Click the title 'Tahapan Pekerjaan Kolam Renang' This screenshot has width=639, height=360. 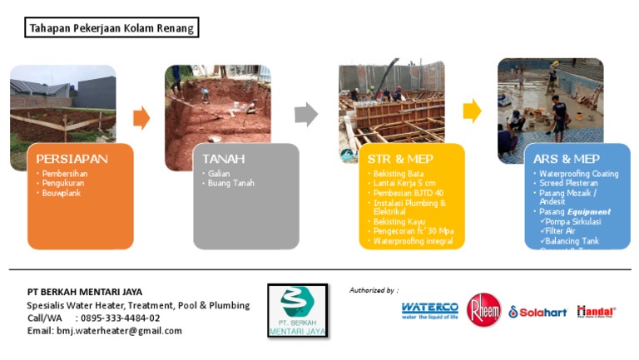(111, 28)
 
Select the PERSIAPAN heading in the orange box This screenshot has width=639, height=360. (72, 158)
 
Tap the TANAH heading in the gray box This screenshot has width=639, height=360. (224, 158)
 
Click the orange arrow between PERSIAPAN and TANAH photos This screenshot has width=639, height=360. (141, 118)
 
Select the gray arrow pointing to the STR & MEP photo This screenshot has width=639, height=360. (306, 115)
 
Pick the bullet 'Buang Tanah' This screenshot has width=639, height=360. (231, 183)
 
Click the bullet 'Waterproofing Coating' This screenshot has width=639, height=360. (577, 174)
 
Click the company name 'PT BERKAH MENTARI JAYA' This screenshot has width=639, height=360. (85, 292)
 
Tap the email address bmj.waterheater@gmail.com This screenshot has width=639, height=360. (119, 330)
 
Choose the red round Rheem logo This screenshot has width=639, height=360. (483, 310)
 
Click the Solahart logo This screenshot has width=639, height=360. (537, 312)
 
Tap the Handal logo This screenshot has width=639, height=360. (596, 311)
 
